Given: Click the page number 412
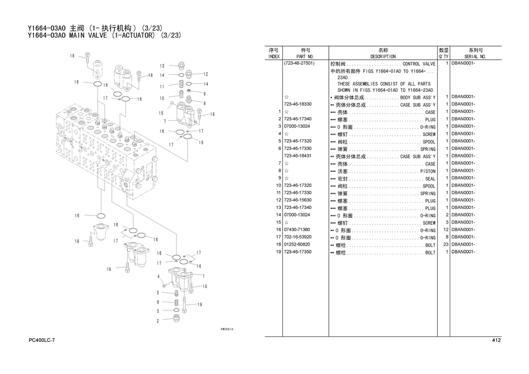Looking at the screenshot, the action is click(496, 340).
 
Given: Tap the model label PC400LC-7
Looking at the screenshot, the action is click(42, 340).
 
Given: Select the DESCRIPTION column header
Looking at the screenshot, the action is click(383, 57).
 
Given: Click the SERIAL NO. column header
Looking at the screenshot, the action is click(475, 57).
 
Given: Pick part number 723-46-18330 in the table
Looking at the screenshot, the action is click(297, 105).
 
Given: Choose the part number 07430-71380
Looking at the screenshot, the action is click(297, 230).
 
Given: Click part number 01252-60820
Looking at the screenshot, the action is click(297, 244).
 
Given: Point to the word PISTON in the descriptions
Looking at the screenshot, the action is click(428, 171).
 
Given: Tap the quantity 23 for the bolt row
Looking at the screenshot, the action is click(446, 244).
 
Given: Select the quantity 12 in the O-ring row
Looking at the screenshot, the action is click(446, 230).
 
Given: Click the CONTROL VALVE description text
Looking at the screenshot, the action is click(419, 64).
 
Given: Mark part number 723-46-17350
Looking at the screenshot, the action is click(297, 252).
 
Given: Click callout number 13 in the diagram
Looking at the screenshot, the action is click(162, 66).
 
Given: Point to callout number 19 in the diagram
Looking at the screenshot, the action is click(200, 305).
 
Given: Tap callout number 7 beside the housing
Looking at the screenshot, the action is click(165, 122).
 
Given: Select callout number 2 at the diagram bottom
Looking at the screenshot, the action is click(157, 321).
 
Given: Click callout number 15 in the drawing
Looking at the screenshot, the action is click(161, 113).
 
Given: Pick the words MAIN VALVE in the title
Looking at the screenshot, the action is click(88, 35).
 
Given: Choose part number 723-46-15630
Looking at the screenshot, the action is click(297, 200).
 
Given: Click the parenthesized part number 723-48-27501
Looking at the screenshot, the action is click(299, 64).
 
